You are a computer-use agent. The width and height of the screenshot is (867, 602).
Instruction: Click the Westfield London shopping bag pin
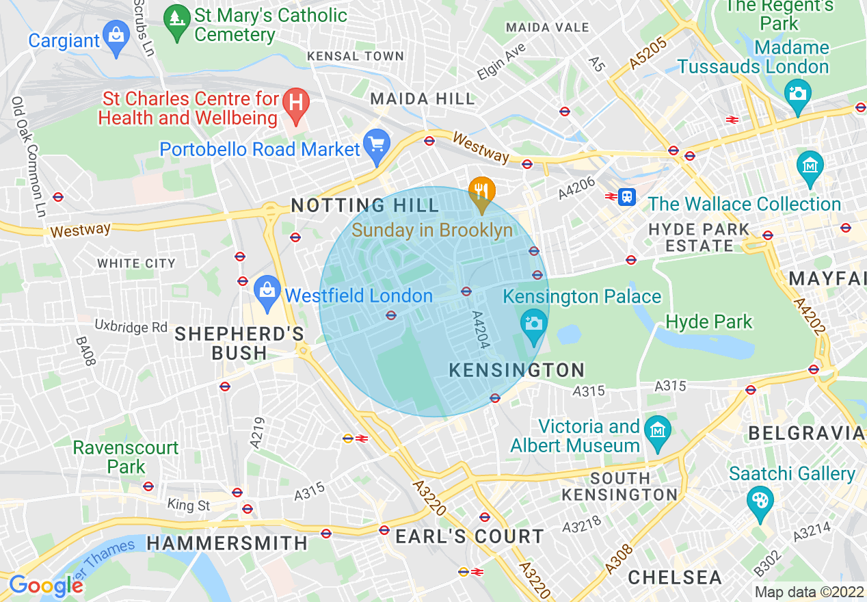point(267,290)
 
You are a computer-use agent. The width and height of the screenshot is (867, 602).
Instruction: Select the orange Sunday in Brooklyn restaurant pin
point(482,191)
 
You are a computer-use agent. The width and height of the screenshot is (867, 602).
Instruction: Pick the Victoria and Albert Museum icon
point(658,431)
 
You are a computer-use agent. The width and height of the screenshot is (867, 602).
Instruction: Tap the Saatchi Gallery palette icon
point(760,501)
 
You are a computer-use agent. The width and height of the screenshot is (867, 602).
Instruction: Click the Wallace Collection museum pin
point(810,166)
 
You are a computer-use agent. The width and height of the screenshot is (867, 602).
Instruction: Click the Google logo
point(45,586)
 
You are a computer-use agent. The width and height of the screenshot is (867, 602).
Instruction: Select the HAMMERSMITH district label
point(227,543)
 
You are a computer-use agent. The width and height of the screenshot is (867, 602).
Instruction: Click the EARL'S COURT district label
point(470,537)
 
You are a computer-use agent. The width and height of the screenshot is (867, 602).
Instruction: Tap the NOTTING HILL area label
point(365,205)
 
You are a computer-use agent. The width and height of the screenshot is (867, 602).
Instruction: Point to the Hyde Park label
point(708,322)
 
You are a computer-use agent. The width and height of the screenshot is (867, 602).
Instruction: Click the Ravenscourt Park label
point(126,458)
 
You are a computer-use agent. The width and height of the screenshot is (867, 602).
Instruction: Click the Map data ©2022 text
point(809,592)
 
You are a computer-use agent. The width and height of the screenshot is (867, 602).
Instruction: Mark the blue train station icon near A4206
point(626,197)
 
